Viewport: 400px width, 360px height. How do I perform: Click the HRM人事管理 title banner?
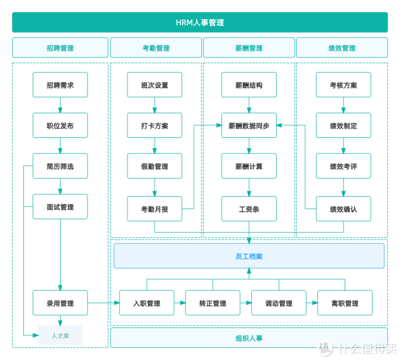click(200, 23)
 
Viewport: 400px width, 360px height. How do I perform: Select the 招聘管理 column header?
click(60, 48)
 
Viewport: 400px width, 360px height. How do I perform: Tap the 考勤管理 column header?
click(156, 48)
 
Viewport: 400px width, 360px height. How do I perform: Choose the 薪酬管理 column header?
click(249, 48)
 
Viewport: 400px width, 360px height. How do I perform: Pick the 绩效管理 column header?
click(342, 48)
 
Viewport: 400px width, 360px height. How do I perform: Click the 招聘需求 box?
click(60, 85)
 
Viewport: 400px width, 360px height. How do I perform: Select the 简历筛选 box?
click(60, 166)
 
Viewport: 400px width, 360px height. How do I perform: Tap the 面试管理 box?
click(60, 207)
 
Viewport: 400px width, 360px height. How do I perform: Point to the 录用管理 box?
click(60, 303)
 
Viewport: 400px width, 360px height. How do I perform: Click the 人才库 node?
click(60, 335)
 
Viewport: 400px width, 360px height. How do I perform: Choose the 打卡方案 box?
click(155, 125)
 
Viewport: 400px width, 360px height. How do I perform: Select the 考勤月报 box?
click(155, 209)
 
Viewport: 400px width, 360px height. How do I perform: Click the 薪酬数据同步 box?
click(249, 125)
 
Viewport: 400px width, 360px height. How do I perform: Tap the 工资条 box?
click(249, 209)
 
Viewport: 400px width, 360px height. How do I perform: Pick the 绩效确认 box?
click(343, 209)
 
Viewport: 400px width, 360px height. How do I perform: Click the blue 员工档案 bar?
click(249, 256)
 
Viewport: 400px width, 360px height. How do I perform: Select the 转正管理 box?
click(213, 303)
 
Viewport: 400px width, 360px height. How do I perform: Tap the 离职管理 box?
click(345, 303)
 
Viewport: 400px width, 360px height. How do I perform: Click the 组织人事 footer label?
click(249, 338)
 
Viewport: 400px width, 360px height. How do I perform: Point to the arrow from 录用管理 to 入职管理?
click(103, 303)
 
